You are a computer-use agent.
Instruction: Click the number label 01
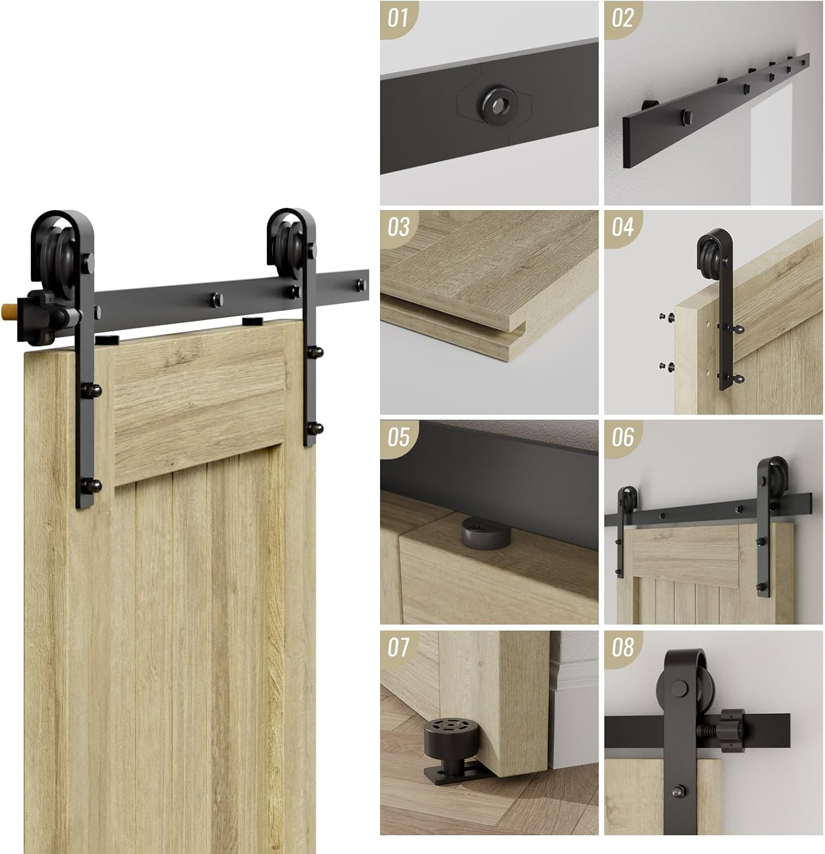click(x=398, y=18)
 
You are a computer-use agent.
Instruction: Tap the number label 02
click(x=622, y=18)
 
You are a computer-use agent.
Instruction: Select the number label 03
click(x=398, y=228)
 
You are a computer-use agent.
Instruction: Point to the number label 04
click(x=622, y=228)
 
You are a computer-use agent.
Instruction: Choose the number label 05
click(x=398, y=437)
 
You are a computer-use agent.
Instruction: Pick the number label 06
click(x=622, y=437)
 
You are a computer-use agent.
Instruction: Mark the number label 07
click(x=398, y=647)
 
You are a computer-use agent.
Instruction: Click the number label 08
click(x=622, y=647)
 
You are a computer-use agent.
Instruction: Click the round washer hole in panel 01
click(x=498, y=104)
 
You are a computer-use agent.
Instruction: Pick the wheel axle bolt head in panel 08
click(x=679, y=688)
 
